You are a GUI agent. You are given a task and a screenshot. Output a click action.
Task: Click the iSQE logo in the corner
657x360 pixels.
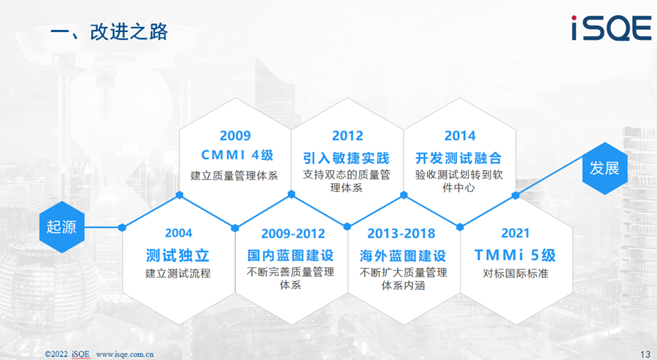coord(611,28)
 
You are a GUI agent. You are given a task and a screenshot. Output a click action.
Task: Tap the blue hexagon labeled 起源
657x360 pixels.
coord(62,226)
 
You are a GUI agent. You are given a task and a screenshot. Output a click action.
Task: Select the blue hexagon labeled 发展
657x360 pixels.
coord(604,168)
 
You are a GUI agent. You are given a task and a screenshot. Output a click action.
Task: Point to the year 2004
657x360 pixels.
coord(179,233)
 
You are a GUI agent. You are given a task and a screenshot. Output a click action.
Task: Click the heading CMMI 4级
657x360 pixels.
coord(237,155)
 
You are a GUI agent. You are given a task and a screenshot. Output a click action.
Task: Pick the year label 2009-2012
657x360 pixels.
coord(293,234)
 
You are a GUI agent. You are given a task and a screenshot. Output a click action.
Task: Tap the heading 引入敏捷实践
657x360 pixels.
coord(347,158)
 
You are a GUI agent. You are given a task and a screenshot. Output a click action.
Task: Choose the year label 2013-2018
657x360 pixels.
coord(401,234)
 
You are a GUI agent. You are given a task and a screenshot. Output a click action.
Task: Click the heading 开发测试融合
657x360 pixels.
coord(458,158)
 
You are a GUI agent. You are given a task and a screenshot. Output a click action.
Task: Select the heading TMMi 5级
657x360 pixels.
coord(515,256)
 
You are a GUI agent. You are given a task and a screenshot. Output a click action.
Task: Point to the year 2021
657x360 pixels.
coord(515,233)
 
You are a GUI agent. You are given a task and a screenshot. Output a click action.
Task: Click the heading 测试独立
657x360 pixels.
coord(177,256)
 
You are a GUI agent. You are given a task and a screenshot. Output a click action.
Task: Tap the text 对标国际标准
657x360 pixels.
coord(515,274)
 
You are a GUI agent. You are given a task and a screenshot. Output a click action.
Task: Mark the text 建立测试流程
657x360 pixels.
coord(177,274)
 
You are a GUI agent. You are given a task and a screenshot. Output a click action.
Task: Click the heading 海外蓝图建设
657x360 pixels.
coord(403,256)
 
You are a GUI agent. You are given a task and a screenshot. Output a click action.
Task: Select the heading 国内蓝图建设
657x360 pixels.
coord(291,256)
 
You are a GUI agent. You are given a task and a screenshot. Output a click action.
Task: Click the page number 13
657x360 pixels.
coord(645,354)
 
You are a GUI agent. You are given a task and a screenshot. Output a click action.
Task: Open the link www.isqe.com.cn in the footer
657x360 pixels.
coord(125,354)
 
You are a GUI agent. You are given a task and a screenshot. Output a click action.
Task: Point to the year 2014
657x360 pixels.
coord(460,136)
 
